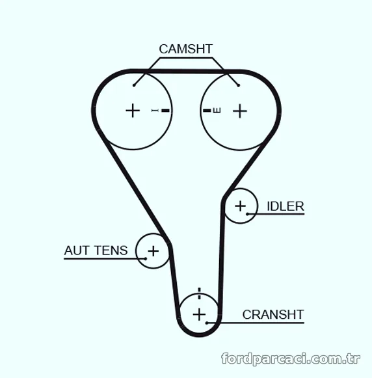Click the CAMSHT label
(186, 49)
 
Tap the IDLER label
(286, 206)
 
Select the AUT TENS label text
(96, 250)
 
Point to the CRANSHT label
(273, 315)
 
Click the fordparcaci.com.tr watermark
(291, 359)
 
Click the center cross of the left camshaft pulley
(133, 111)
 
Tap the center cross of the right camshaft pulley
(240, 111)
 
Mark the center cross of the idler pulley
(240, 206)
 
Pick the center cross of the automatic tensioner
(153, 251)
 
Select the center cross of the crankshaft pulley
(199, 314)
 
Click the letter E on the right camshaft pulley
(217, 111)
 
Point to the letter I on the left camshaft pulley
(155, 111)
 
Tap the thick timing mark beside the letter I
(166, 111)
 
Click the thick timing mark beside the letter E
(207, 111)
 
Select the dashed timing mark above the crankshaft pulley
(199, 293)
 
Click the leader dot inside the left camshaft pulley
(134, 85)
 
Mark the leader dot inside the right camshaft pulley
(239, 85)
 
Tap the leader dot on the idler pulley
(247, 214)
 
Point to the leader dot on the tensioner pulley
(146, 259)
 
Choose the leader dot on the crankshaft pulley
(207, 323)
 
